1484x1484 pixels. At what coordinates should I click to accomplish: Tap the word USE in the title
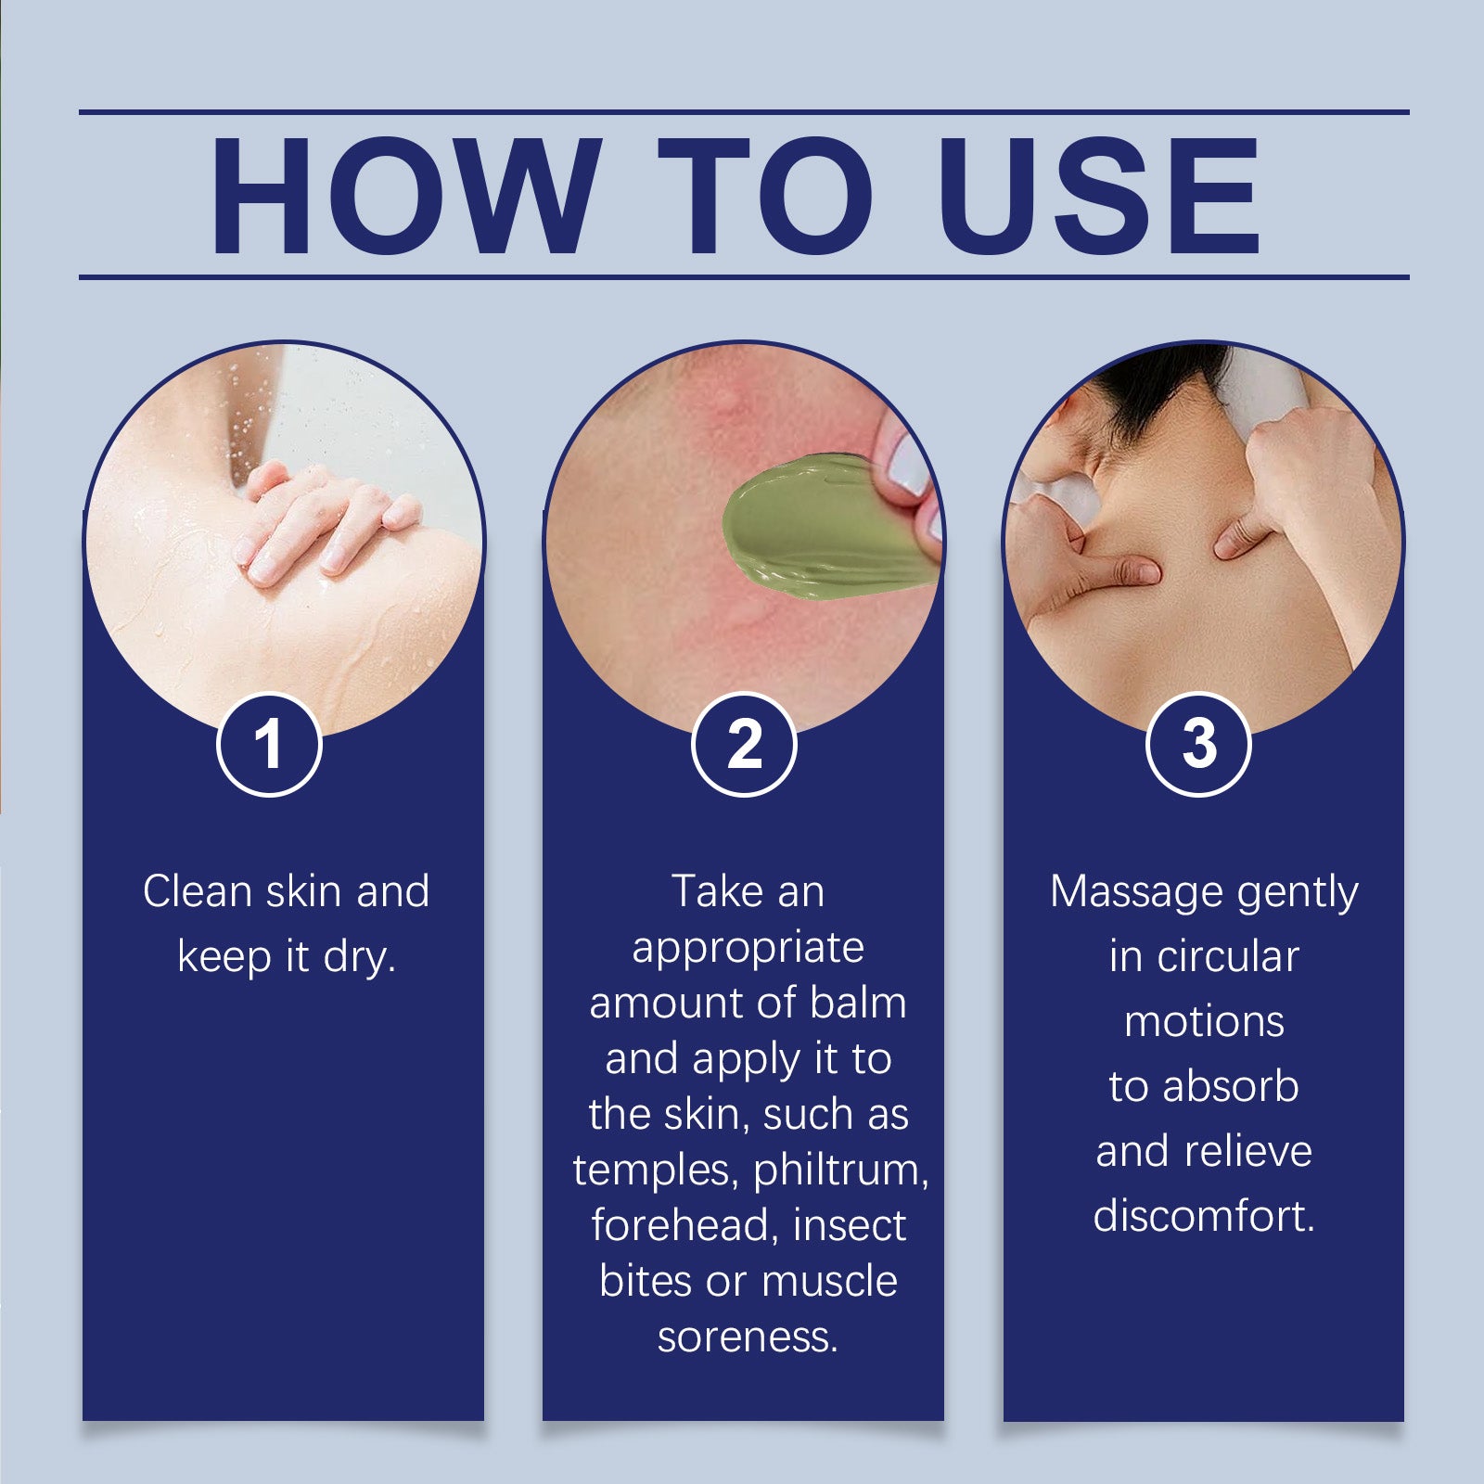[x=1099, y=195]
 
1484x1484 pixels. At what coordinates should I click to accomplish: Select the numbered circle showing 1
[x=269, y=745]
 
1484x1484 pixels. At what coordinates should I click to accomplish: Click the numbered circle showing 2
[x=744, y=745]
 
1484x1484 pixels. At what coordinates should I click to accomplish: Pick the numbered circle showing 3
[x=1199, y=745]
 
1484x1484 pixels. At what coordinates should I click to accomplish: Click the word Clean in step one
[x=198, y=891]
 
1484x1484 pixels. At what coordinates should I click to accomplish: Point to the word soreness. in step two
[x=748, y=1337]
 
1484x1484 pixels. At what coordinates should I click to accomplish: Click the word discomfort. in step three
[x=1204, y=1216]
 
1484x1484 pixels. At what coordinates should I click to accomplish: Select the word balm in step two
[x=858, y=1003]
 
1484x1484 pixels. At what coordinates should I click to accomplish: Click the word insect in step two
[x=850, y=1225]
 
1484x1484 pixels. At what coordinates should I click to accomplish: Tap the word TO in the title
[x=766, y=195]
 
